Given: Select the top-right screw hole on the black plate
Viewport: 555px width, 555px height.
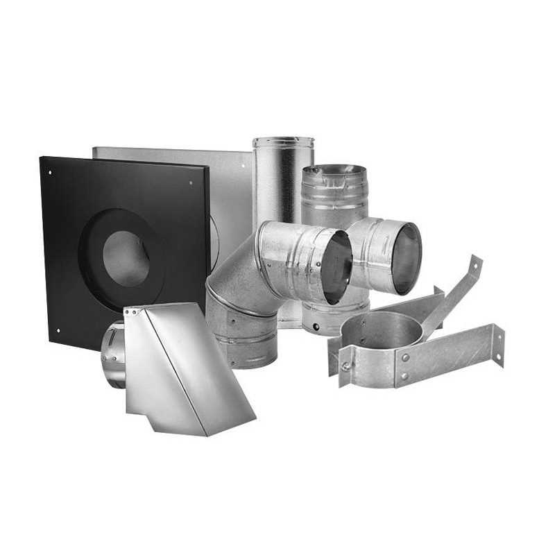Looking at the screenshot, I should pyautogui.click(x=191, y=182).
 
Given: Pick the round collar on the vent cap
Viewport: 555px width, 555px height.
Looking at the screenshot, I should pyautogui.click(x=113, y=354).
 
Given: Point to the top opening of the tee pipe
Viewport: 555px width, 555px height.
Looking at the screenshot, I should pyautogui.click(x=335, y=170).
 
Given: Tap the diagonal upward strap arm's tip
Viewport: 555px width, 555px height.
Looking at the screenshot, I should pyautogui.click(x=476, y=264).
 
